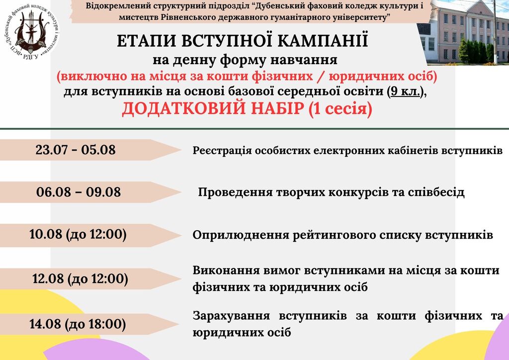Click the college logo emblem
click(31, 31)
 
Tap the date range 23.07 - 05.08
click(76, 150)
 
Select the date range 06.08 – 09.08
click(78, 192)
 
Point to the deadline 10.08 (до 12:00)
click(78, 234)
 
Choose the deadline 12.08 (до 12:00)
click(80, 279)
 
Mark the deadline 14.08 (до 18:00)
click(78, 324)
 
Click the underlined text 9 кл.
click(406, 91)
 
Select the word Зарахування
click(231, 316)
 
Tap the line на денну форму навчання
click(245, 60)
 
